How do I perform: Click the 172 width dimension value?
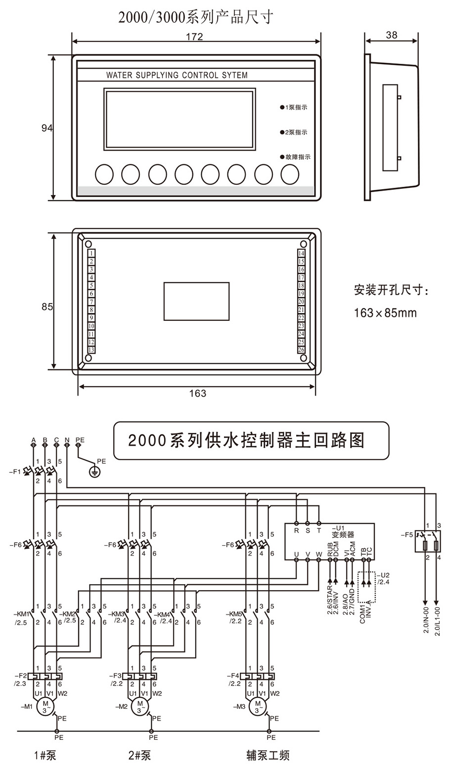(x=194, y=37)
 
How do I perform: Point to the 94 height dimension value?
(x=47, y=128)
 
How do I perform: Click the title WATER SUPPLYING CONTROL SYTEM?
(x=177, y=76)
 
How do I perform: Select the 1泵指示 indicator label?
(x=296, y=107)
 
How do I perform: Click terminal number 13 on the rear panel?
(x=91, y=349)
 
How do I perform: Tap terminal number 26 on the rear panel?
(x=301, y=349)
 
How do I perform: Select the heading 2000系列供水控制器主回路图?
(x=246, y=440)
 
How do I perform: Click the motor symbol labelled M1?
(x=46, y=706)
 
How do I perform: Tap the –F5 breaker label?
(x=407, y=534)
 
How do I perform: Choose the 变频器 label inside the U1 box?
(x=343, y=534)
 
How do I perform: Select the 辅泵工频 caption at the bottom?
(x=268, y=755)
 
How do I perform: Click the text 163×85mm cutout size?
(x=385, y=313)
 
